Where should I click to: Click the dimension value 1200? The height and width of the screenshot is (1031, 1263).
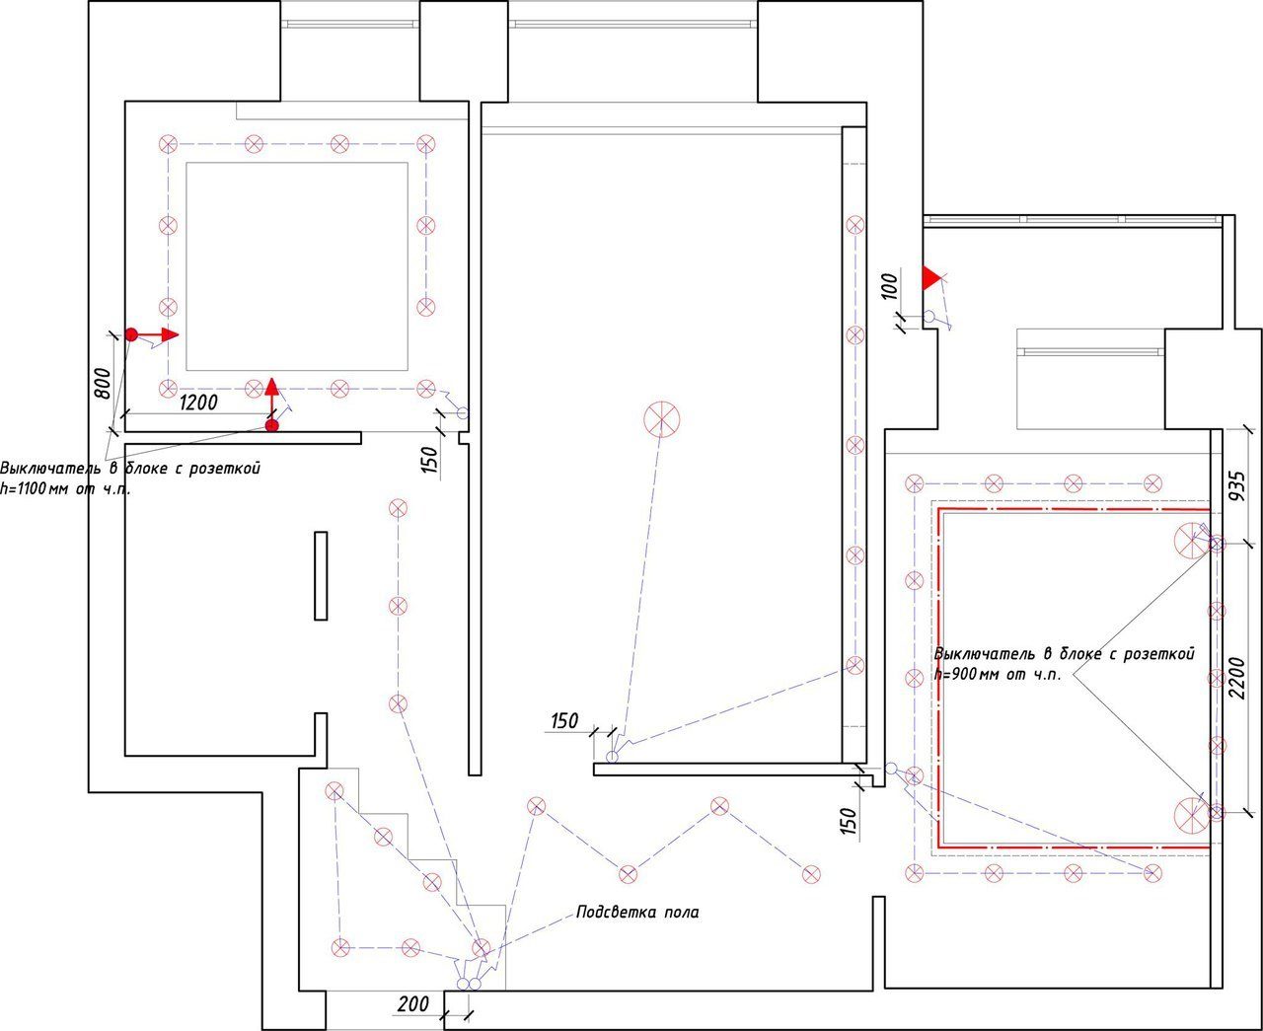pyautogui.click(x=197, y=402)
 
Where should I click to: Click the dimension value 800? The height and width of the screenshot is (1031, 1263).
pyautogui.click(x=102, y=383)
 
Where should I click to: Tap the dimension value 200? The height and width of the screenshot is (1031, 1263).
pyautogui.click(x=412, y=1003)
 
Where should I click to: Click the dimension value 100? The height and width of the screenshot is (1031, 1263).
pyautogui.click(x=889, y=286)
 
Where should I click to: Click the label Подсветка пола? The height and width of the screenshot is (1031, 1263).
pyautogui.click(x=638, y=913)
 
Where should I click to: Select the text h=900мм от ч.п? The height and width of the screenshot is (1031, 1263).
pyautogui.click(x=998, y=676)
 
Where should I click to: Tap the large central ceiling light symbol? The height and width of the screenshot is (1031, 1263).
pyautogui.click(x=662, y=419)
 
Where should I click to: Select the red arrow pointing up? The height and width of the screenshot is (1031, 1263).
pyautogui.click(x=272, y=400)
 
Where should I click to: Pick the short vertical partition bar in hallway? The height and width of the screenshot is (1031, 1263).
pyautogui.click(x=321, y=575)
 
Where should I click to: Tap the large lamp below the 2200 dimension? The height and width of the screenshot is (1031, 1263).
pyautogui.click(x=1191, y=813)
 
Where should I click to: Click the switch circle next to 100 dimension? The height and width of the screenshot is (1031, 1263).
pyautogui.click(x=929, y=317)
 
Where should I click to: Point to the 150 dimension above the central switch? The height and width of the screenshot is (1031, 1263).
pyautogui.click(x=564, y=721)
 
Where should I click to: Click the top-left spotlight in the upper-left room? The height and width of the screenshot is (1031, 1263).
pyautogui.click(x=169, y=144)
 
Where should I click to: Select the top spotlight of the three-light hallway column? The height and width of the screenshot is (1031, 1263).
pyautogui.click(x=398, y=508)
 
